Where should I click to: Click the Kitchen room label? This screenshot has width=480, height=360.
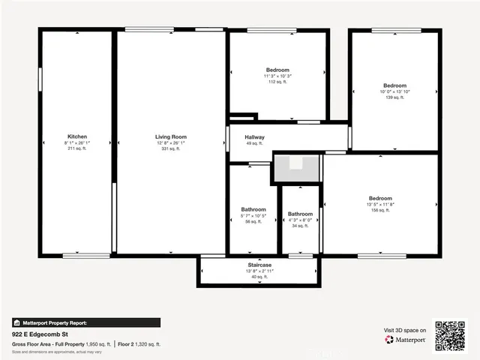coord(76,136)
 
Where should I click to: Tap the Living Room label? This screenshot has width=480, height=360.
coord(170,136)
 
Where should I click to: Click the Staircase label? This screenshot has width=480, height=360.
coord(259,265)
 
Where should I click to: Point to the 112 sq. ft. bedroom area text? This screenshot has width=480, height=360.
coord(277,82)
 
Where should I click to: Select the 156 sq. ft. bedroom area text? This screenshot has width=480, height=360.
coord(379,210)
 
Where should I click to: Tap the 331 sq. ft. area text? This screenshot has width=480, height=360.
coord(170,148)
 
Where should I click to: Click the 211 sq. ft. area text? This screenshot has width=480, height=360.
coord(76,148)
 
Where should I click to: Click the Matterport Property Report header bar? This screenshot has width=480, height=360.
coord(85,322)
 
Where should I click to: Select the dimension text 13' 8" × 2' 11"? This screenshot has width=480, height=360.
coord(259,271)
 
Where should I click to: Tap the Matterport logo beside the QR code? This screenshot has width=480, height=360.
coord(406,340)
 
